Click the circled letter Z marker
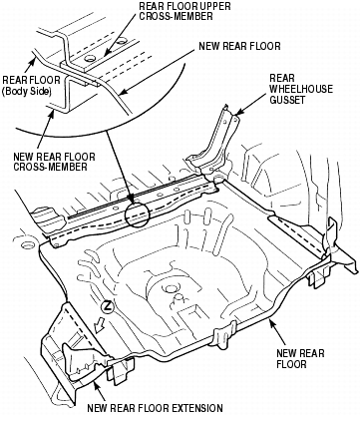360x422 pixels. [108, 306]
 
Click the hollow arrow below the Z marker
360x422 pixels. [100, 325]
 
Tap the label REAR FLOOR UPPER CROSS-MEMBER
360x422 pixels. [184, 11]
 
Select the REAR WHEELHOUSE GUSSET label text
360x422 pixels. [301, 89]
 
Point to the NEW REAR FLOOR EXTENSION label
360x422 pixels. [155, 408]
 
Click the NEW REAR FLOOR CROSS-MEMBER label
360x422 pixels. [54, 162]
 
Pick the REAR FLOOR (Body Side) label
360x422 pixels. [31, 86]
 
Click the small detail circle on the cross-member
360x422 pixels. [137, 214]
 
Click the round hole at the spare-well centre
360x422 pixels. [172, 288]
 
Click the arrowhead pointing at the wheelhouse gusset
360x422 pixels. [236, 113]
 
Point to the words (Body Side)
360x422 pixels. [27, 92]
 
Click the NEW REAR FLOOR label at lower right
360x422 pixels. [300, 358]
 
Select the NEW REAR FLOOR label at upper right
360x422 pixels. [239, 46]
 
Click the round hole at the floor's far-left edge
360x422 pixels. [27, 245]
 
